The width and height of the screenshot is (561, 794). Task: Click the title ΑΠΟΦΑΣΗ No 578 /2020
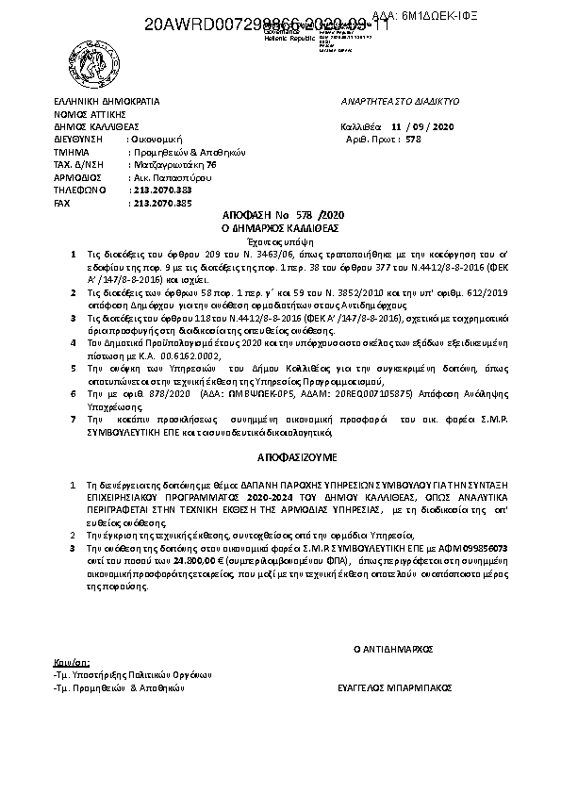tap(280, 216)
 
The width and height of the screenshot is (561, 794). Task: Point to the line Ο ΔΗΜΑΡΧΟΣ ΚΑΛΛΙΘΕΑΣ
tap(280, 228)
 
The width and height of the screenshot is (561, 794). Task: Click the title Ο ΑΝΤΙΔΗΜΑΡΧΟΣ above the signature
tap(392, 650)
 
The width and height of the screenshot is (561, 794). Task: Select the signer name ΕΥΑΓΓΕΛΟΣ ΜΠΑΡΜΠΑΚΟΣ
tap(392, 689)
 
